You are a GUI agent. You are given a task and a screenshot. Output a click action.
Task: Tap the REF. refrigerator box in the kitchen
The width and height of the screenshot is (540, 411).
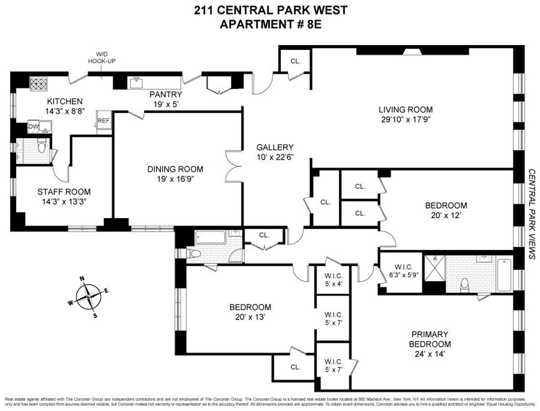pyautogui.click(x=103, y=121)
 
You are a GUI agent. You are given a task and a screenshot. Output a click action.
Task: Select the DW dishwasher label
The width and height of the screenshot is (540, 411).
pyautogui.click(x=33, y=127)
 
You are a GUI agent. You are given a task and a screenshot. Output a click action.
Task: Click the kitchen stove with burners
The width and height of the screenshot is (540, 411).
pyautogui.click(x=36, y=83)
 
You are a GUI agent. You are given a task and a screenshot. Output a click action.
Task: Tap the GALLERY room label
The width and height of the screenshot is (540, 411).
pyautogui.click(x=274, y=147)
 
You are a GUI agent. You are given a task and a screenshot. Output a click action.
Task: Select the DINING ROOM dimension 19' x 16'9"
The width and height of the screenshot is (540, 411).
pyautogui.click(x=175, y=179)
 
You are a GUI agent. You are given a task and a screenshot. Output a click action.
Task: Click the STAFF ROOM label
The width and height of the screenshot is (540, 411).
pyautogui.click(x=64, y=192)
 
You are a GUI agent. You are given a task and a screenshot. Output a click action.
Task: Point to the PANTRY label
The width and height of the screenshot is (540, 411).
pyautogui.click(x=166, y=95)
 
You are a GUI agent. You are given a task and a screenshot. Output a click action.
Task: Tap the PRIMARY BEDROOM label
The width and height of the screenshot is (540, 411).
pyautogui.click(x=429, y=338)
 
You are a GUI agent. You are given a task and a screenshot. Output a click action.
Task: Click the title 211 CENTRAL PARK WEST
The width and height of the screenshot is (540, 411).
pyautogui.click(x=270, y=10)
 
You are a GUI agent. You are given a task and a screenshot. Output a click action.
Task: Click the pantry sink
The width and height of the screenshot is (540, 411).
pyautogui.click(x=135, y=83)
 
